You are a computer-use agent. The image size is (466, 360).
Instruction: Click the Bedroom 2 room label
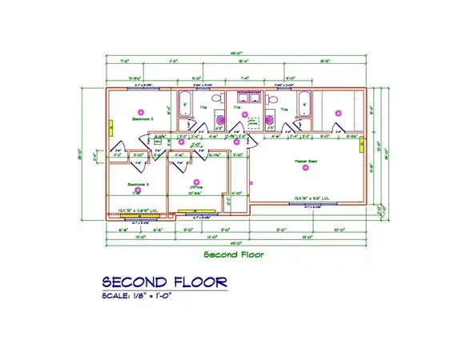[142, 118]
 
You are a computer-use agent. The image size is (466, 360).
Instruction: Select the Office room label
[196, 187]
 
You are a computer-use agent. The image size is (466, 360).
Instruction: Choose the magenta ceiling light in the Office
[197, 182]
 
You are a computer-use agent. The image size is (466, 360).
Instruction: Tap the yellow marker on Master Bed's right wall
[362, 144]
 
